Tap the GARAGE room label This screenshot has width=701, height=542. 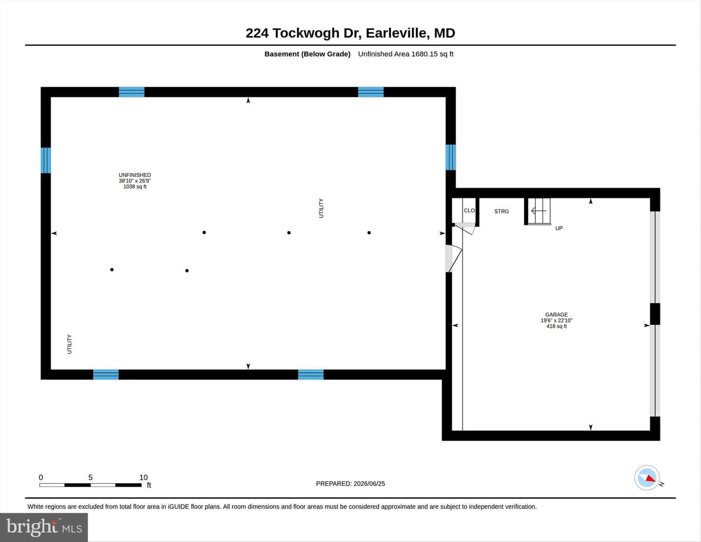pos(556,314)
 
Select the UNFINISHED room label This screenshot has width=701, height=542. pos(135,175)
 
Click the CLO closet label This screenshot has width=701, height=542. pos(469,211)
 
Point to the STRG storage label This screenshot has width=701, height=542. pos(501,211)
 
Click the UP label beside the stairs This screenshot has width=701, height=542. pos(559,229)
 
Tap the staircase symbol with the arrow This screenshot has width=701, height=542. pos(539,211)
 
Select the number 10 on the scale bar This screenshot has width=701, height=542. pos(144,477)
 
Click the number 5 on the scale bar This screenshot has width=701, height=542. pos(91,477)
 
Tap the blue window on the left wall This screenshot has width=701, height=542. pos(46,160)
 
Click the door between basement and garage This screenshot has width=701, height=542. pos(454,259)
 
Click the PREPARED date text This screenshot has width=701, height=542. pos(350,484)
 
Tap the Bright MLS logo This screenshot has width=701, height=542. pos(44,527)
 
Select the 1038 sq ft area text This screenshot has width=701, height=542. pos(135,187)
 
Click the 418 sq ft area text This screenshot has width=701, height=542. pos(556,326)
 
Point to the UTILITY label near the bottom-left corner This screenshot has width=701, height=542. pos(69,344)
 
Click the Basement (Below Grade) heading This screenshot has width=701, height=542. pos(308,54)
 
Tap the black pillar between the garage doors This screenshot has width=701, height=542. pos(655,313)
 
